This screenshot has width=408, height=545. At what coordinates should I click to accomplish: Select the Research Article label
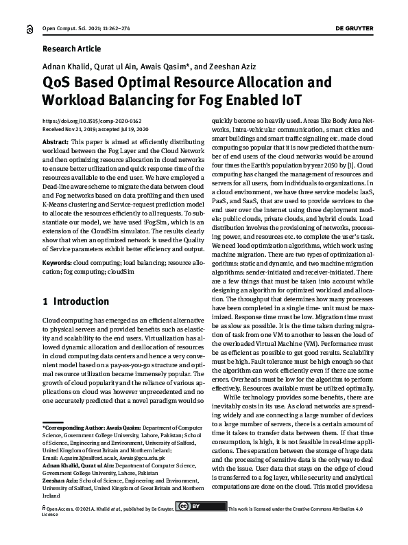pos(71,49)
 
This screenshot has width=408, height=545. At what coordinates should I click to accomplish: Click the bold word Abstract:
pos(56,141)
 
